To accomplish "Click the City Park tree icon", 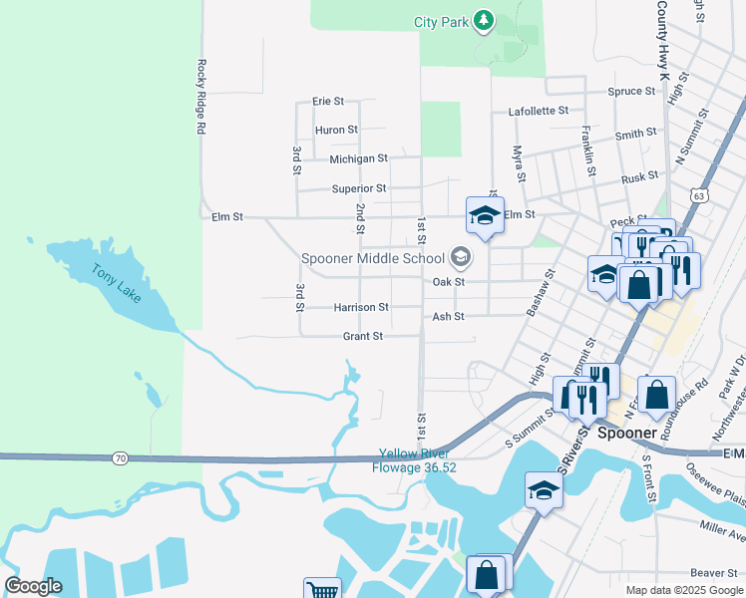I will (484, 21).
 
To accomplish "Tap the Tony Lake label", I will (118, 283).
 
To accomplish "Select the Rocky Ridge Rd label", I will (200, 97).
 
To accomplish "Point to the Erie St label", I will (327, 102).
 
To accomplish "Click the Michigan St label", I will (358, 158).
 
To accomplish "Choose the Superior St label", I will (358, 188).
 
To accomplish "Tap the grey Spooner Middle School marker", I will (460, 258).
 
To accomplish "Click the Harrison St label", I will (361, 308).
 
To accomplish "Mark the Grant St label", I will (363, 337).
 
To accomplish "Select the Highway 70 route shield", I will (120, 457).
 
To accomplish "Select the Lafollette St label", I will (538, 112).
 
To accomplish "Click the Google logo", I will (33, 586).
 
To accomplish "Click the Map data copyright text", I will (682, 590).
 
